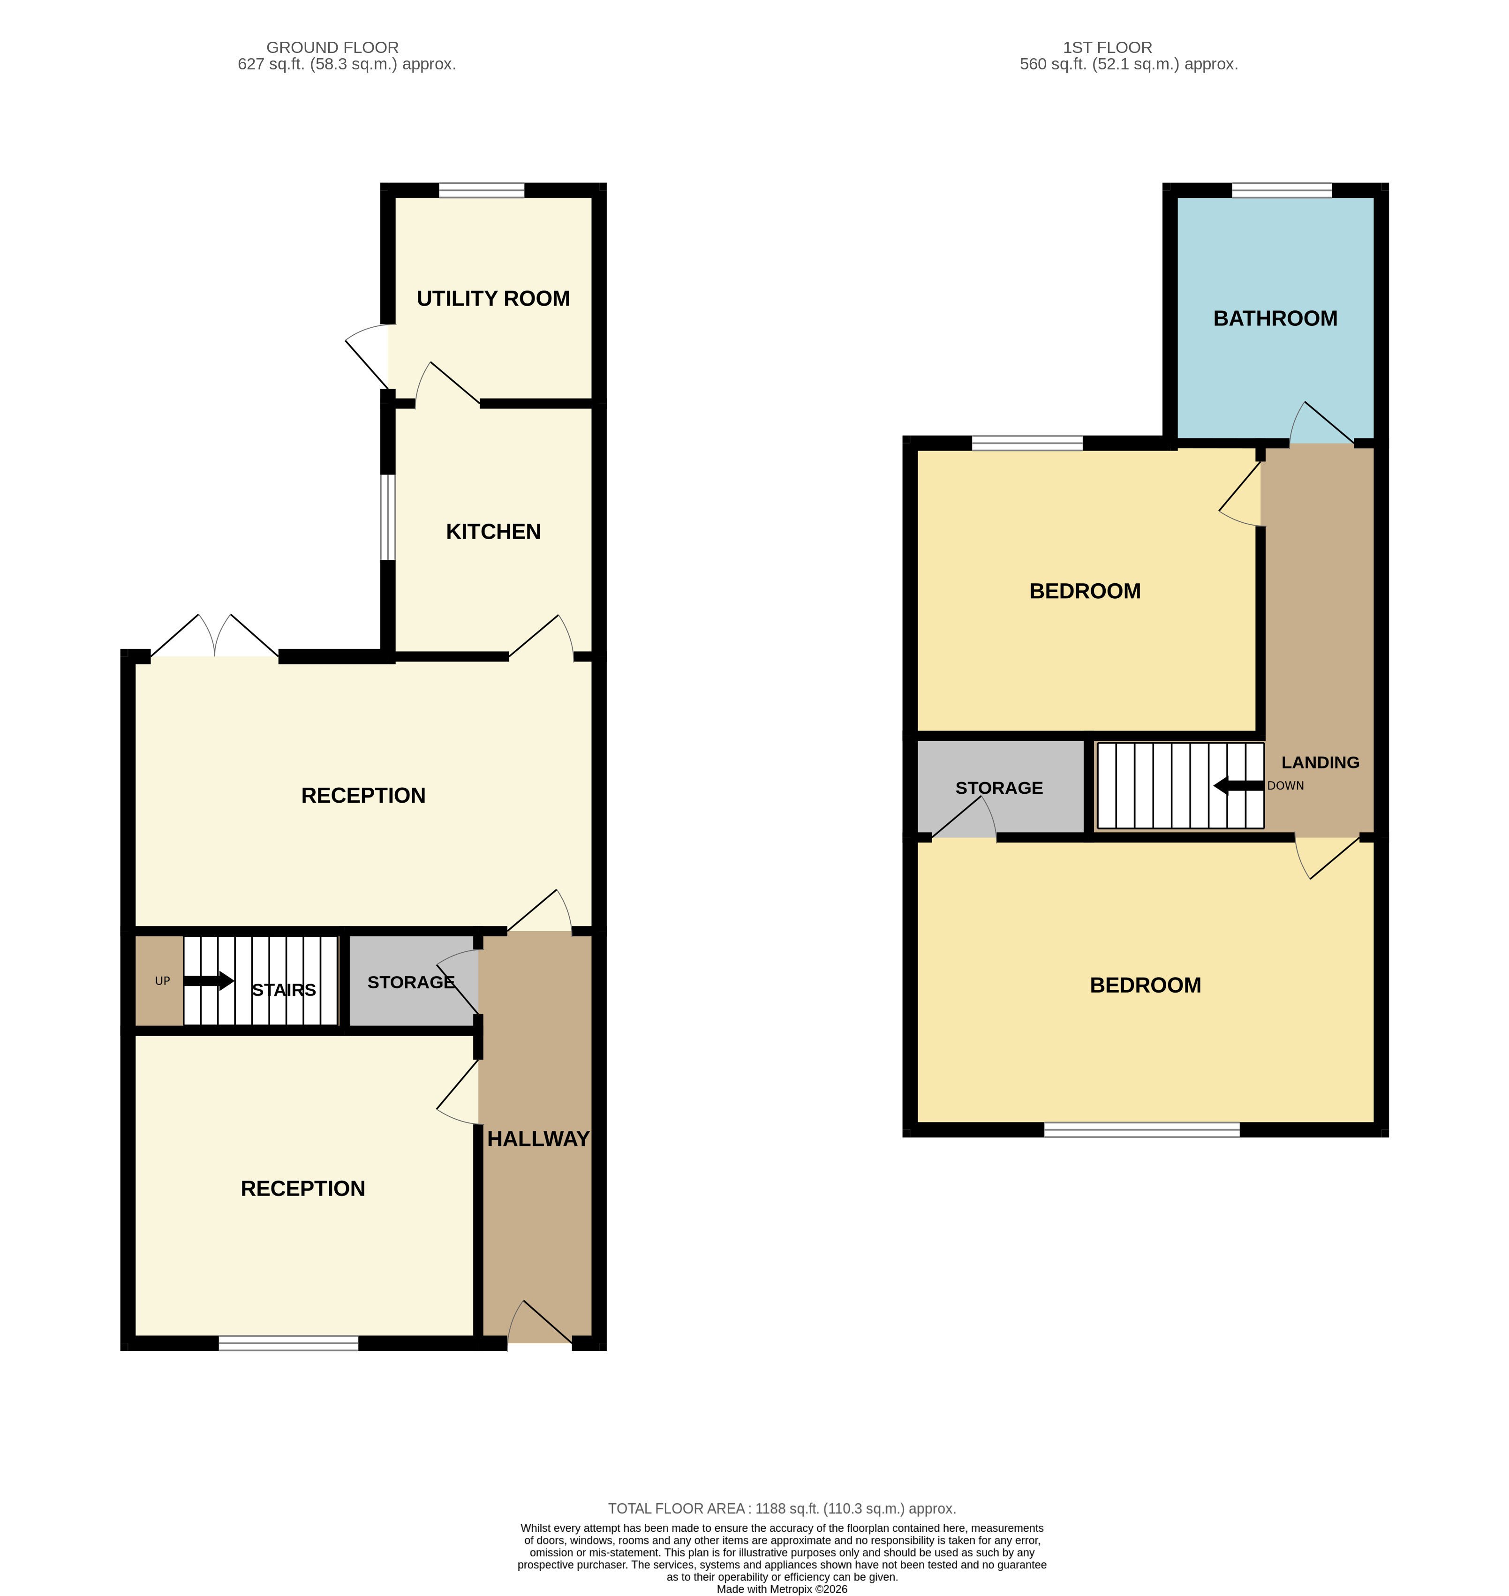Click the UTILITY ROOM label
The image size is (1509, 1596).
(x=493, y=299)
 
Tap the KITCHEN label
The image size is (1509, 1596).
(x=493, y=532)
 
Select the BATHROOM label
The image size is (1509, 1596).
(x=1275, y=318)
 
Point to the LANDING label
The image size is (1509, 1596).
(x=1320, y=763)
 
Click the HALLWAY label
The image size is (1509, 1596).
(x=538, y=1139)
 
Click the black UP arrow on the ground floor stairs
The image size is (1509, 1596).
(x=208, y=980)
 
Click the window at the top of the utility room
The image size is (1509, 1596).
(x=481, y=191)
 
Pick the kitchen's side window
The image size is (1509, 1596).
(x=388, y=517)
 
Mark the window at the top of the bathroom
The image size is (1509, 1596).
(x=1282, y=191)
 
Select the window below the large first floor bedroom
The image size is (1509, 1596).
(x=1141, y=1130)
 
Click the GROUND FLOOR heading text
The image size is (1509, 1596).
(x=332, y=47)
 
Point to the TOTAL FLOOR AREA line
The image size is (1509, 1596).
(x=781, y=1509)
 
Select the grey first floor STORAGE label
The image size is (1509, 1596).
(x=999, y=788)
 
